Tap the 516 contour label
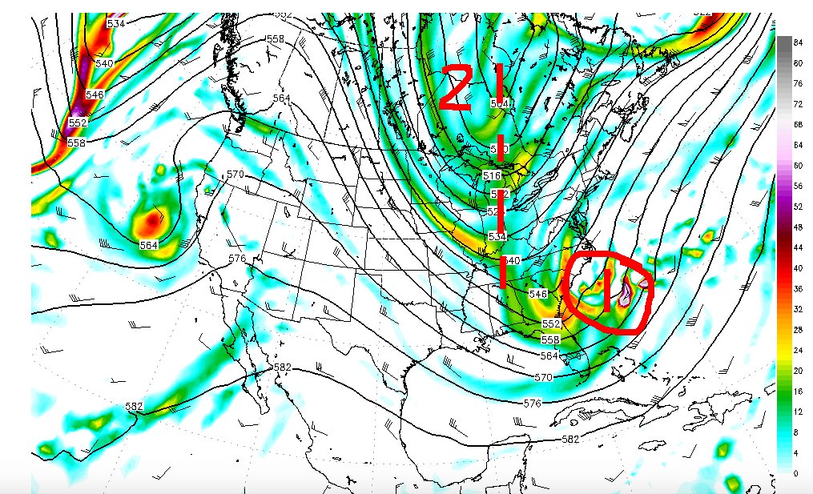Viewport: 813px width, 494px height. click(492, 175)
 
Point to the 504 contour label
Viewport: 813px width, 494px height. click(499, 103)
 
